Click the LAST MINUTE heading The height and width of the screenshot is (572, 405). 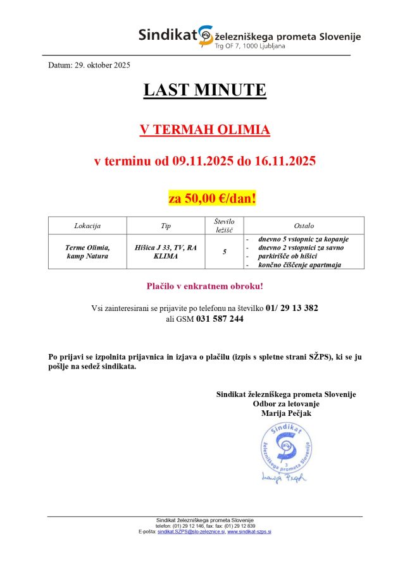click(x=204, y=90)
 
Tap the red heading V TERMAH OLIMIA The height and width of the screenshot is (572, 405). click(x=204, y=130)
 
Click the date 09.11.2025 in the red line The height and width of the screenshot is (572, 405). click(x=202, y=161)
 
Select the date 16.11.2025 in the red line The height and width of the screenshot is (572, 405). click(x=284, y=161)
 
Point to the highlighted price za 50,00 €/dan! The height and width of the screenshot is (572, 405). click(x=212, y=198)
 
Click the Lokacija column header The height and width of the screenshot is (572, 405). click(x=87, y=226)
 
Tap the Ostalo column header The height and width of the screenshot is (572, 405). click(x=304, y=226)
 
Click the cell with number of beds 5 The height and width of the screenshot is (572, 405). click(x=225, y=252)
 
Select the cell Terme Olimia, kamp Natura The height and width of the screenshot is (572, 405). click(x=87, y=252)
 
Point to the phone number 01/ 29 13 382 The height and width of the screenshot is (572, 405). click(x=292, y=308)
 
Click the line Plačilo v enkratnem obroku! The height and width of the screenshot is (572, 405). click(x=204, y=286)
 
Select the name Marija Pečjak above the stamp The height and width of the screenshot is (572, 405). click(x=286, y=413)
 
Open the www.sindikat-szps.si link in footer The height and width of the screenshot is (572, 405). click(x=249, y=532)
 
